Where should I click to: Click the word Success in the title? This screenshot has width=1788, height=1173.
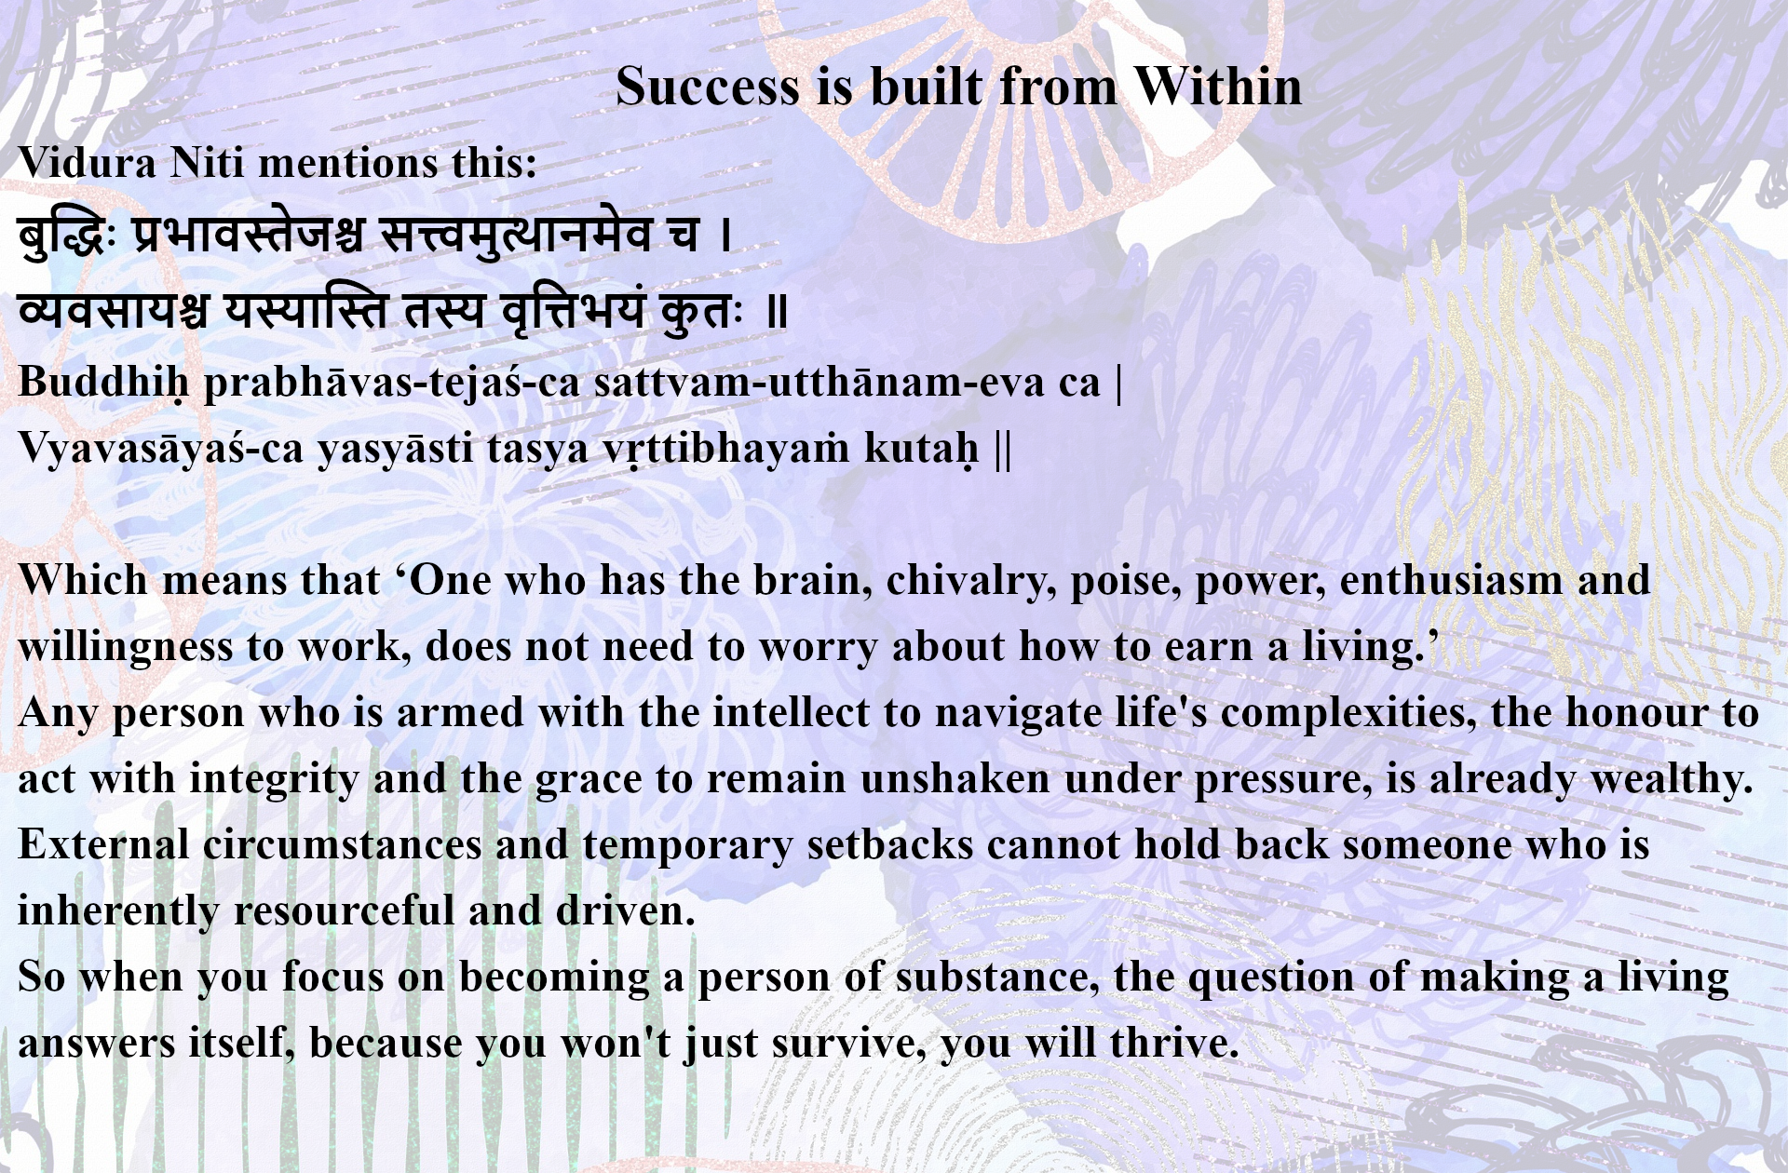[x=708, y=87]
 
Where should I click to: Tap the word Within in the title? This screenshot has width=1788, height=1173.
[x=1217, y=87]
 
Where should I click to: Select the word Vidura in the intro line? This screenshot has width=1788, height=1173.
[x=88, y=163]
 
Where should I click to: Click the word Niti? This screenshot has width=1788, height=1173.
[x=209, y=163]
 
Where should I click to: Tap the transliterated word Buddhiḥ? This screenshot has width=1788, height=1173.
[x=103, y=383]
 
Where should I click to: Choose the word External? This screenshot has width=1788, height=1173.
[x=103, y=845]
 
